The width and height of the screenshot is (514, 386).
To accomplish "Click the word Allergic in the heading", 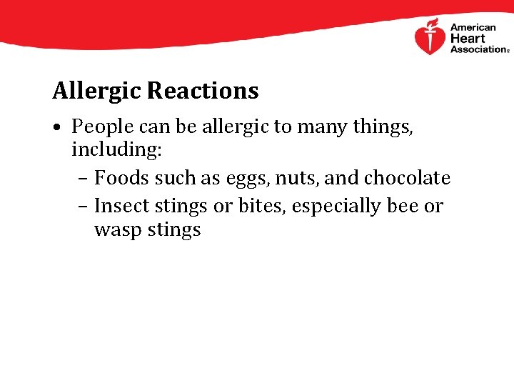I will pos(97,91).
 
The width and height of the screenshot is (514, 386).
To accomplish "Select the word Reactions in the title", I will pos(203,91).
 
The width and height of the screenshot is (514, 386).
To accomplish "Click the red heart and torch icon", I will pos(430,37).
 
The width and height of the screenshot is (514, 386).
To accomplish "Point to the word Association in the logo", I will pos(476,49).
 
